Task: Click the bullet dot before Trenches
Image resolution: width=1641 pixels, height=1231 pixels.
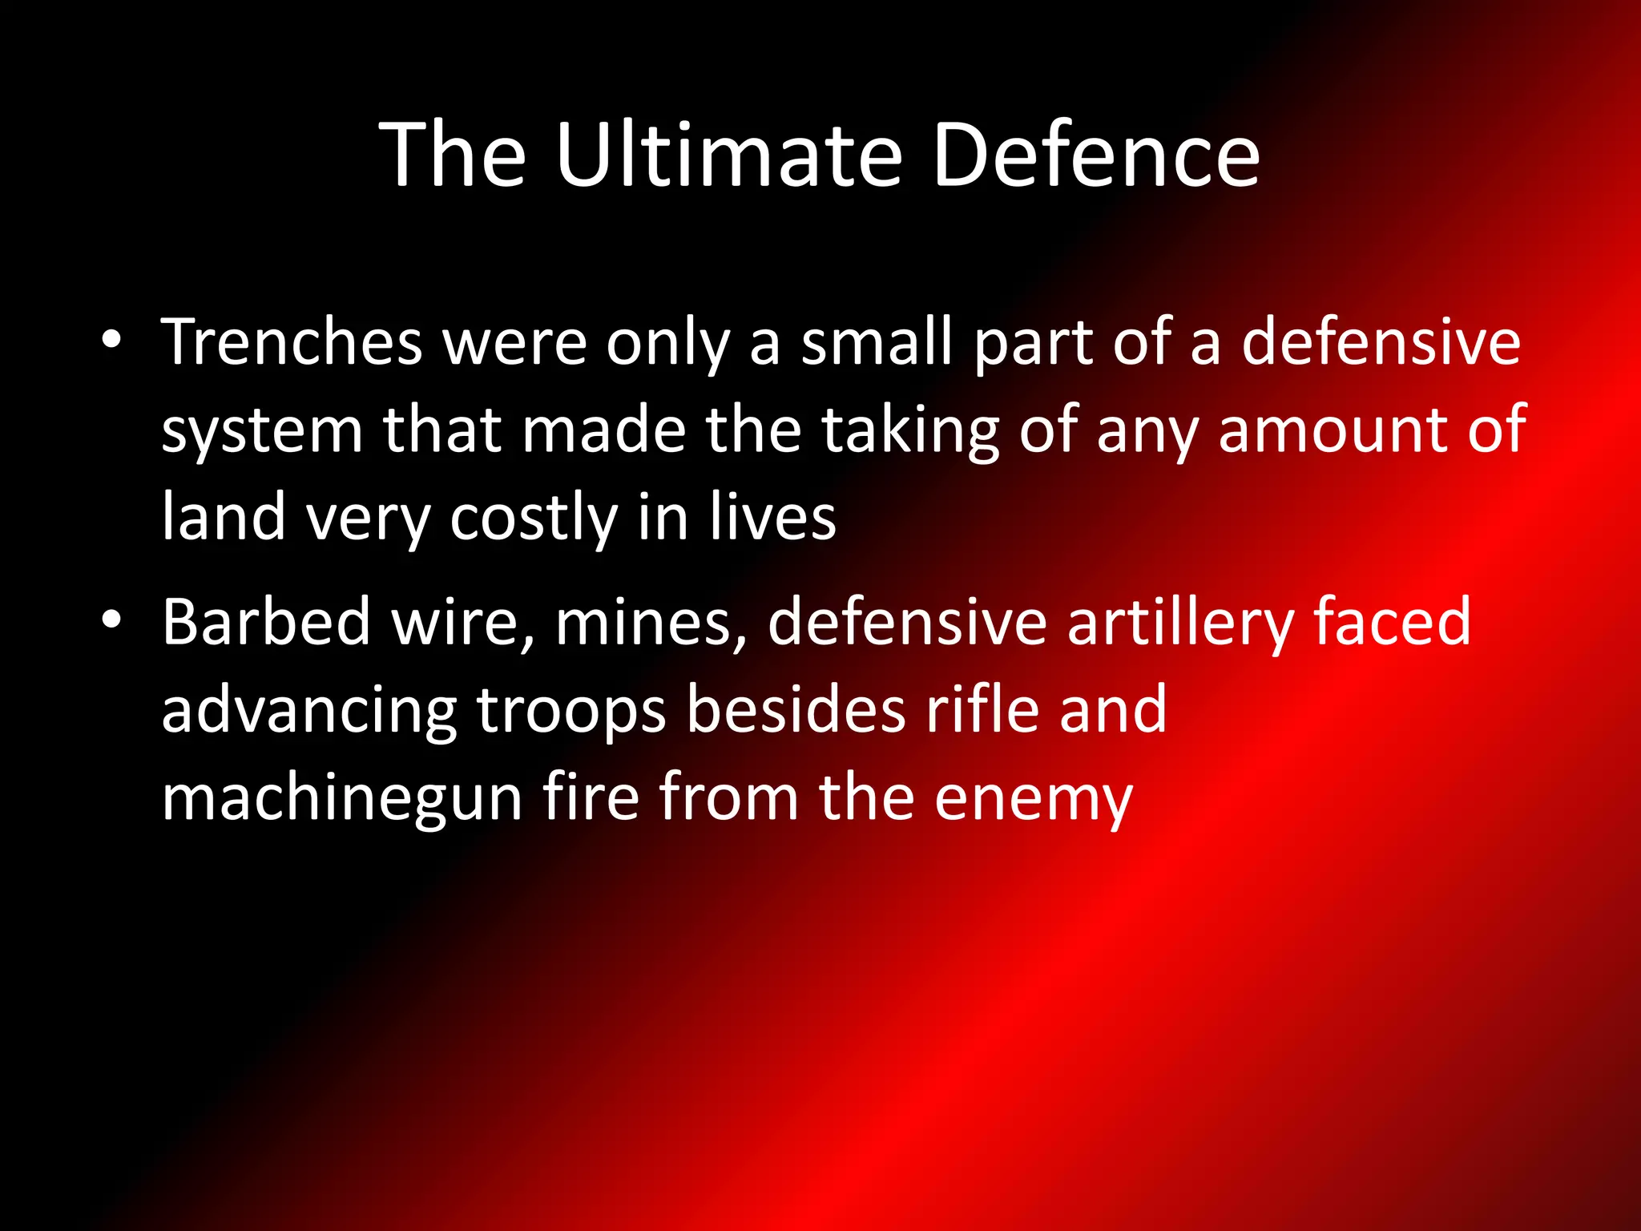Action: point(111,340)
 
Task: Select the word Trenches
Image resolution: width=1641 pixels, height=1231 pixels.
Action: point(292,342)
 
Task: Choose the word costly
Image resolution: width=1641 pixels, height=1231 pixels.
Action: point(534,519)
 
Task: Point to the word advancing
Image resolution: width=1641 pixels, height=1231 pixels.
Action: point(308,712)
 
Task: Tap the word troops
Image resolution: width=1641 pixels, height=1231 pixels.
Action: point(571,712)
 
